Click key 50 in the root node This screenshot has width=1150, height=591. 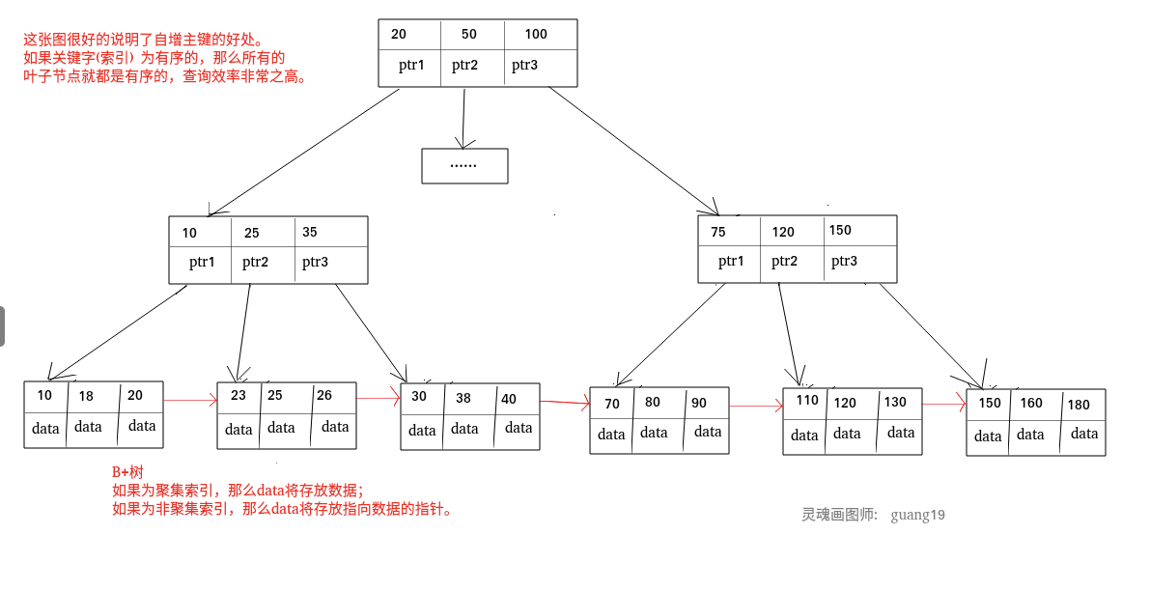click(469, 35)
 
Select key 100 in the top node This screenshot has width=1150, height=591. click(536, 35)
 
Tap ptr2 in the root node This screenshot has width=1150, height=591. click(465, 66)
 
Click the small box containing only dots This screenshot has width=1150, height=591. click(464, 166)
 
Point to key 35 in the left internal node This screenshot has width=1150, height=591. click(310, 233)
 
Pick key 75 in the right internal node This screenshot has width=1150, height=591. click(718, 232)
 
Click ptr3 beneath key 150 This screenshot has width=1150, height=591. click(845, 262)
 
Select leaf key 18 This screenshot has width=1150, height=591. click(87, 396)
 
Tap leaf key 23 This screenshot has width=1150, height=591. click(238, 396)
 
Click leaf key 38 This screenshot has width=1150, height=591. click(463, 398)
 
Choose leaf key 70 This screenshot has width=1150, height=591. click(612, 404)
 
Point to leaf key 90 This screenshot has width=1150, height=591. click(699, 404)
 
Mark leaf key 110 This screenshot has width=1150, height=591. click(807, 401)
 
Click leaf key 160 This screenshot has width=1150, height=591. click(1031, 404)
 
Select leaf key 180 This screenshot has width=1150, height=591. click(1079, 406)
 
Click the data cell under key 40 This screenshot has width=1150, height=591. click(519, 429)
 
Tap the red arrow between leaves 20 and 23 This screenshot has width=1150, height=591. click(190, 399)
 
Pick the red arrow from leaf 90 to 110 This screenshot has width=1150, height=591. click(756, 407)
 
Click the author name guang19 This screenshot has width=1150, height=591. click(917, 515)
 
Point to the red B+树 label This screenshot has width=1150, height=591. click(127, 472)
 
